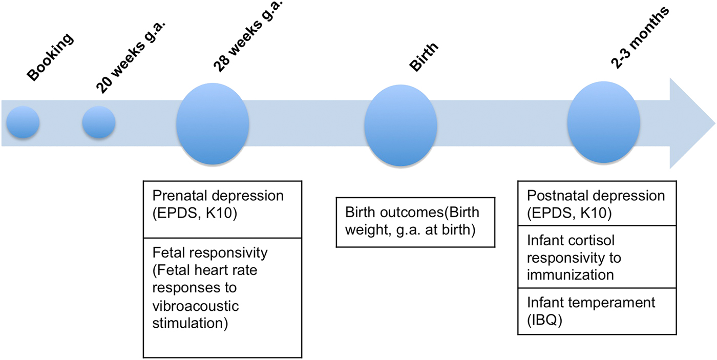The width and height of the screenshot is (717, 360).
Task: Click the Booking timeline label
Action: click(x=51, y=57)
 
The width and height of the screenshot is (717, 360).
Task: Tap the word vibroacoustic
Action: click(x=196, y=306)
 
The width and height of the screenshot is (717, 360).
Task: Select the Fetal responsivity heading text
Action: click(x=210, y=252)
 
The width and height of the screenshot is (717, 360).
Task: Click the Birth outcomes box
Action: click(x=415, y=222)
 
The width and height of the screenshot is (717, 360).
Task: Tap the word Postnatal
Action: click(x=553, y=196)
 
